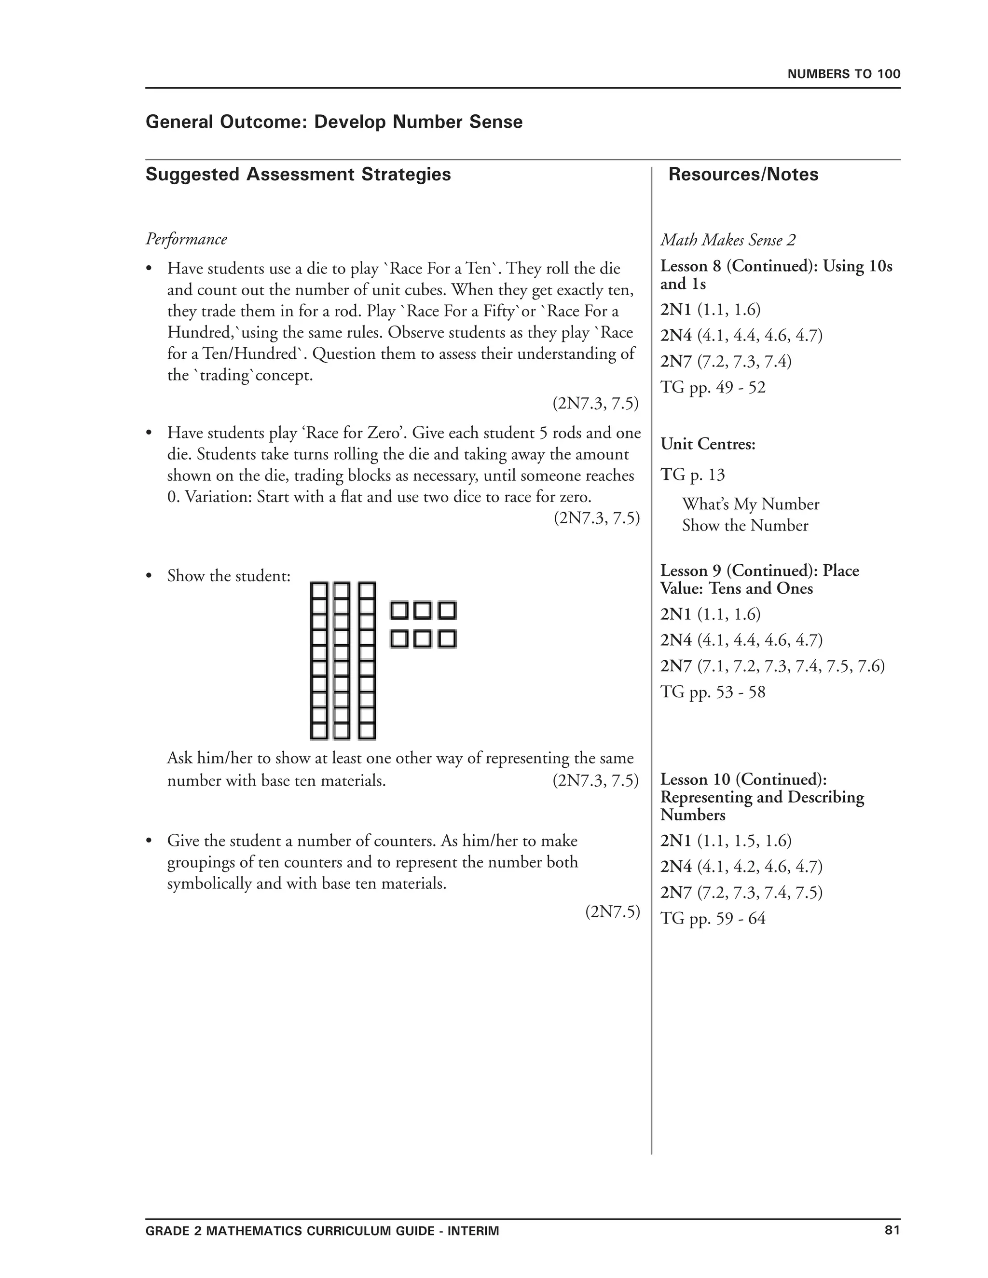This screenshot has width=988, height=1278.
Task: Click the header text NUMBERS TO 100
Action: [x=843, y=74]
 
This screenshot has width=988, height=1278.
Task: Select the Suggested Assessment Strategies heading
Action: [x=298, y=175]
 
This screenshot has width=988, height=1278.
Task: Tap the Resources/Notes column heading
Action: [x=743, y=175]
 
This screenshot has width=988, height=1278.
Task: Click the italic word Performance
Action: [x=186, y=239]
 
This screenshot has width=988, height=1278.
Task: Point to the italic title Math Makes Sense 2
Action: [x=728, y=240]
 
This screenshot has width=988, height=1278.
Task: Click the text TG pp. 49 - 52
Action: [x=713, y=387]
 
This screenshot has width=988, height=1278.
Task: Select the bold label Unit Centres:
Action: [x=708, y=444]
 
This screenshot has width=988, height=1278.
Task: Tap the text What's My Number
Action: [x=750, y=504]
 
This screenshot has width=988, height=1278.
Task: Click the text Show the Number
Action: [x=744, y=526]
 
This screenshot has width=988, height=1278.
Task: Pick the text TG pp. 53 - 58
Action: [x=713, y=692]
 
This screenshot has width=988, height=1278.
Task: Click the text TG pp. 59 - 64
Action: [x=713, y=919]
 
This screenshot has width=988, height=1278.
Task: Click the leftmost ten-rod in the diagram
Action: [x=318, y=661]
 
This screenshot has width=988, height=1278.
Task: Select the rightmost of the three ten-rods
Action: [x=367, y=661]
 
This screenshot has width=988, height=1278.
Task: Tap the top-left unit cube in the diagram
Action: [x=399, y=611]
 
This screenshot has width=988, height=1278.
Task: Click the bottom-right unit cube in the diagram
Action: [x=447, y=639]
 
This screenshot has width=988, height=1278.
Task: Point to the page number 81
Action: [x=892, y=1230]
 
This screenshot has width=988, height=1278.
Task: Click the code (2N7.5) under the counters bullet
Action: [x=612, y=911]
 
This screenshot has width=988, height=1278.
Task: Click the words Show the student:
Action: [x=229, y=576]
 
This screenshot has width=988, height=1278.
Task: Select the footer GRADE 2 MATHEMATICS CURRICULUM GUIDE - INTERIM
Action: [x=322, y=1231]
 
